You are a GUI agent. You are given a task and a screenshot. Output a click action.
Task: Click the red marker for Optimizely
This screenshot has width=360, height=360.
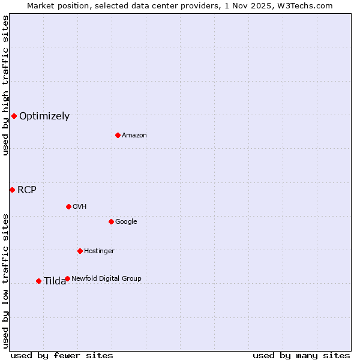14,116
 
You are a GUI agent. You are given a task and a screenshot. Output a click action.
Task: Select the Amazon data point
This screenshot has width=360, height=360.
118,135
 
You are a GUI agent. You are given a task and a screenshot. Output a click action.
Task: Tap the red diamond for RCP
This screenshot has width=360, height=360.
12,190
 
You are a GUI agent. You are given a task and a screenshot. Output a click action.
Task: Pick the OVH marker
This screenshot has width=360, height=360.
68,206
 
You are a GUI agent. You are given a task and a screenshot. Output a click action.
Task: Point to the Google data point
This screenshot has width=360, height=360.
111,221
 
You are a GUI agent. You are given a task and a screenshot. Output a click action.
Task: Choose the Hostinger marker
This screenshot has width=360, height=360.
80,251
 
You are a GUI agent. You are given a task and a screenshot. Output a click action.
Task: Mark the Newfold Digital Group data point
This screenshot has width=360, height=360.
67,278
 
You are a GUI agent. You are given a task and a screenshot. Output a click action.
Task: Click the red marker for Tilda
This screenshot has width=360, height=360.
38,281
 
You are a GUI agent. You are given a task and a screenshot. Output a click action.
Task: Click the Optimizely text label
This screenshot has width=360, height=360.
44,116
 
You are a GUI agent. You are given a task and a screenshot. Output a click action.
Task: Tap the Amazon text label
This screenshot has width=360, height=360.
134,136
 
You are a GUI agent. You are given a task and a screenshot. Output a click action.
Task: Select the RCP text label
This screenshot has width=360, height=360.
27,190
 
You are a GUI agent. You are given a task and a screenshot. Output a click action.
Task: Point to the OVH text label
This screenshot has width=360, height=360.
80,207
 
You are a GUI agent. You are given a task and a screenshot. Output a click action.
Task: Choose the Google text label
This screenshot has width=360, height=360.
126,222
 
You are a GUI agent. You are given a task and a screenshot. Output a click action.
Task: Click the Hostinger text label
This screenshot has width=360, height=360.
99,251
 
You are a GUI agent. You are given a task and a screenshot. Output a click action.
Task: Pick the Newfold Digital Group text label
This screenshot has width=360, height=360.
106,279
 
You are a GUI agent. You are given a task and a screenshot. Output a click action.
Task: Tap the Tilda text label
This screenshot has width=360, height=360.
55,281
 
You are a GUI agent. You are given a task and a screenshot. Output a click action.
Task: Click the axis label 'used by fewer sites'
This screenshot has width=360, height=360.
62,355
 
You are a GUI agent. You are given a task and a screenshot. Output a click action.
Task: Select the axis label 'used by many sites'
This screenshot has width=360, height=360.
301,355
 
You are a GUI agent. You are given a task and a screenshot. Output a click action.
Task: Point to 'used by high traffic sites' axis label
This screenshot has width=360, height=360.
5,85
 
